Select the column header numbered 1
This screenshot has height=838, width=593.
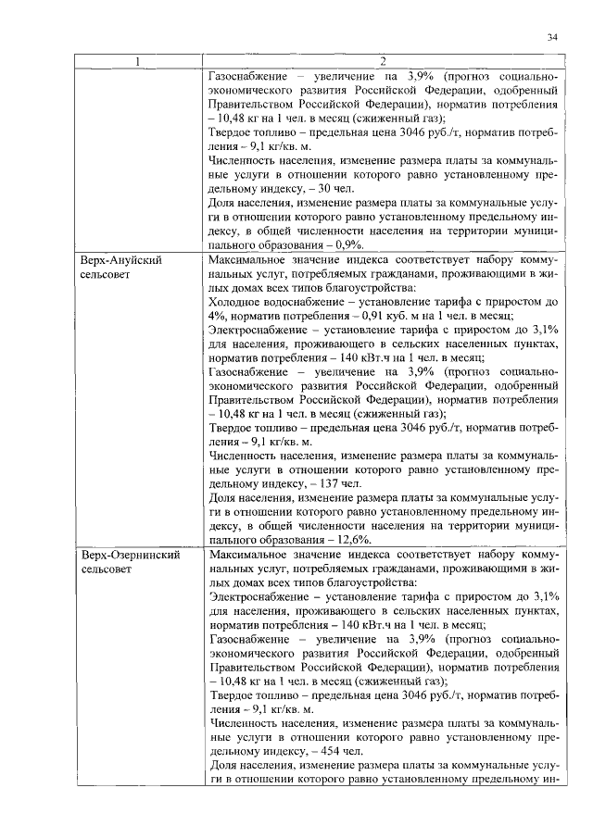pyautogui.click(x=136, y=62)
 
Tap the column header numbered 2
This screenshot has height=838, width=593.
pyautogui.click(x=384, y=62)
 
